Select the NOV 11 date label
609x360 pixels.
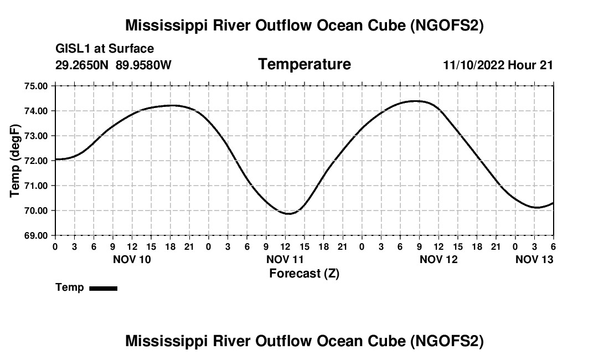(x=286, y=259)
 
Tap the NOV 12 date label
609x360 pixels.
(x=439, y=259)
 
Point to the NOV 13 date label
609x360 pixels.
(x=534, y=259)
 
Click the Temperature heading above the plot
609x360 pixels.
(x=304, y=64)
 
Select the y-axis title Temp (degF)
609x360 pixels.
(x=16, y=161)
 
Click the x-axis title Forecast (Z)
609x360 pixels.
(x=304, y=273)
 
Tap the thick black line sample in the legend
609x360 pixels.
(x=103, y=288)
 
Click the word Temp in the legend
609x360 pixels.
(x=70, y=287)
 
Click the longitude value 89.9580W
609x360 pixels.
(x=143, y=65)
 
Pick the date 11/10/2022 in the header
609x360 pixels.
(x=473, y=65)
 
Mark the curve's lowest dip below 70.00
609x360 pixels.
(x=289, y=214)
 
